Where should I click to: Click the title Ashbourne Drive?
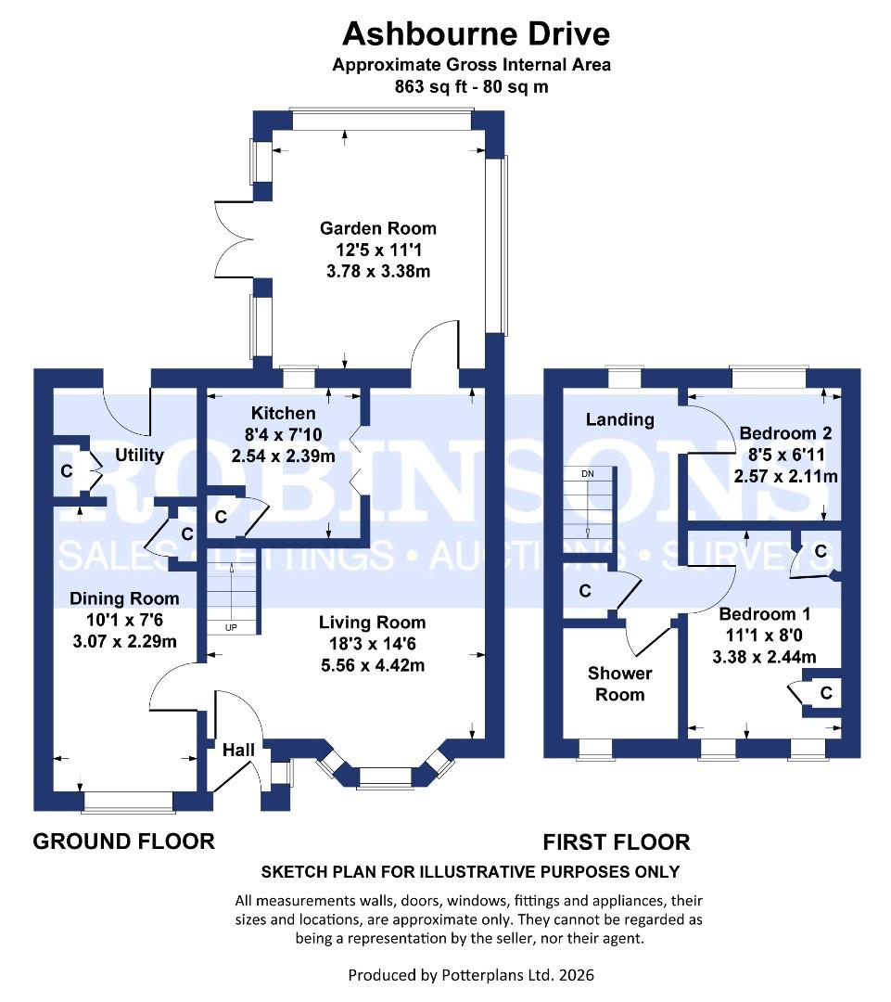(x=477, y=34)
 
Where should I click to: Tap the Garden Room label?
(x=377, y=228)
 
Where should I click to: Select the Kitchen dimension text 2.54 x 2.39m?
(x=284, y=456)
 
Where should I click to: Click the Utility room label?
(x=140, y=455)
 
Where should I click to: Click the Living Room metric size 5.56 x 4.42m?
(x=373, y=664)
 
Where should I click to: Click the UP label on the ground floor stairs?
(x=231, y=628)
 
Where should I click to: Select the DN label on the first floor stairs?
(x=587, y=473)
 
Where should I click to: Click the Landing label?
(x=619, y=419)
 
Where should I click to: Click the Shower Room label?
(x=620, y=684)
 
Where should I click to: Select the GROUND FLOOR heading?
(x=124, y=841)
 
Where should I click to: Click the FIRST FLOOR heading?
(x=617, y=842)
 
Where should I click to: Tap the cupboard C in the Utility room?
(x=66, y=471)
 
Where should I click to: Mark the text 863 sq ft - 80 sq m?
(x=472, y=87)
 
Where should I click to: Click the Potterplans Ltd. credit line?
(x=471, y=975)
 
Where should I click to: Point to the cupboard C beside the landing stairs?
(x=585, y=591)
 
